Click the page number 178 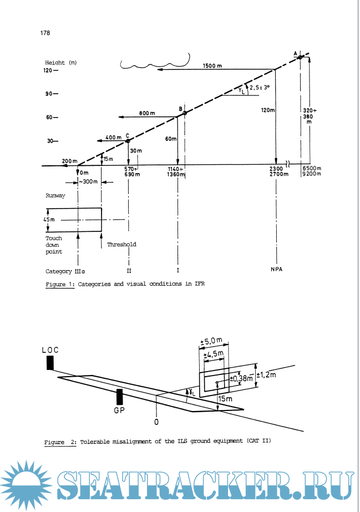pyautogui.click(x=45, y=33)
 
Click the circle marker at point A pyautogui.click(x=300, y=57)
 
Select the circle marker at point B pyautogui.click(x=185, y=113)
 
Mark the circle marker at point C pyautogui.click(x=128, y=141)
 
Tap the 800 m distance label pyautogui.click(x=147, y=113)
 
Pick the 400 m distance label pyautogui.click(x=113, y=137)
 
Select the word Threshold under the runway pyautogui.click(x=121, y=244)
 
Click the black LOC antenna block pyautogui.click(x=50, y=362)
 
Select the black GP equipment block pyautogui.click(x=119, y=397)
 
